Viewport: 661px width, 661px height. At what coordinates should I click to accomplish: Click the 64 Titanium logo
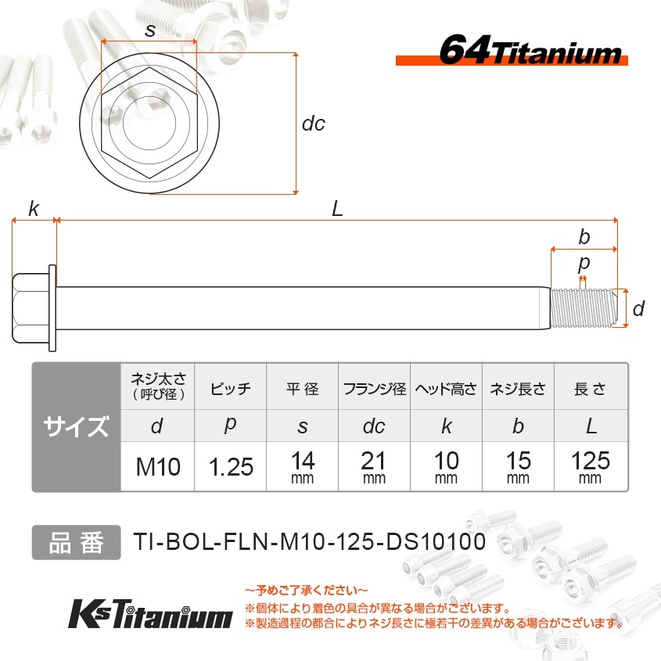coord(512,51)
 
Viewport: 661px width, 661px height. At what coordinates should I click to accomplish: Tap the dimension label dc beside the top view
coord(314,124)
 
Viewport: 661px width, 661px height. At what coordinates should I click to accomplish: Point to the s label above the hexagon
coord(150,31)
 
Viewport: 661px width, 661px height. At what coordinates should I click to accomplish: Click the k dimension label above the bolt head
coord(34,209)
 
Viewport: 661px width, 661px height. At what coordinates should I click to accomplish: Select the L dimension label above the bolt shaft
coord(337,209)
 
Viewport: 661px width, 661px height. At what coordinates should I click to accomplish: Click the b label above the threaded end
coord(584,237)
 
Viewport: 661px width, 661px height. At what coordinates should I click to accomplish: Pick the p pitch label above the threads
coord(584,264)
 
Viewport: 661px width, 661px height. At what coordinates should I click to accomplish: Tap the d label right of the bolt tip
coord(638,308)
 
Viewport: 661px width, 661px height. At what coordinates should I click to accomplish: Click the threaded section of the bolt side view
coord(584,308)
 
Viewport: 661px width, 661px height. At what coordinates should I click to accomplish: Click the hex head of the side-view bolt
coord(31,307)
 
